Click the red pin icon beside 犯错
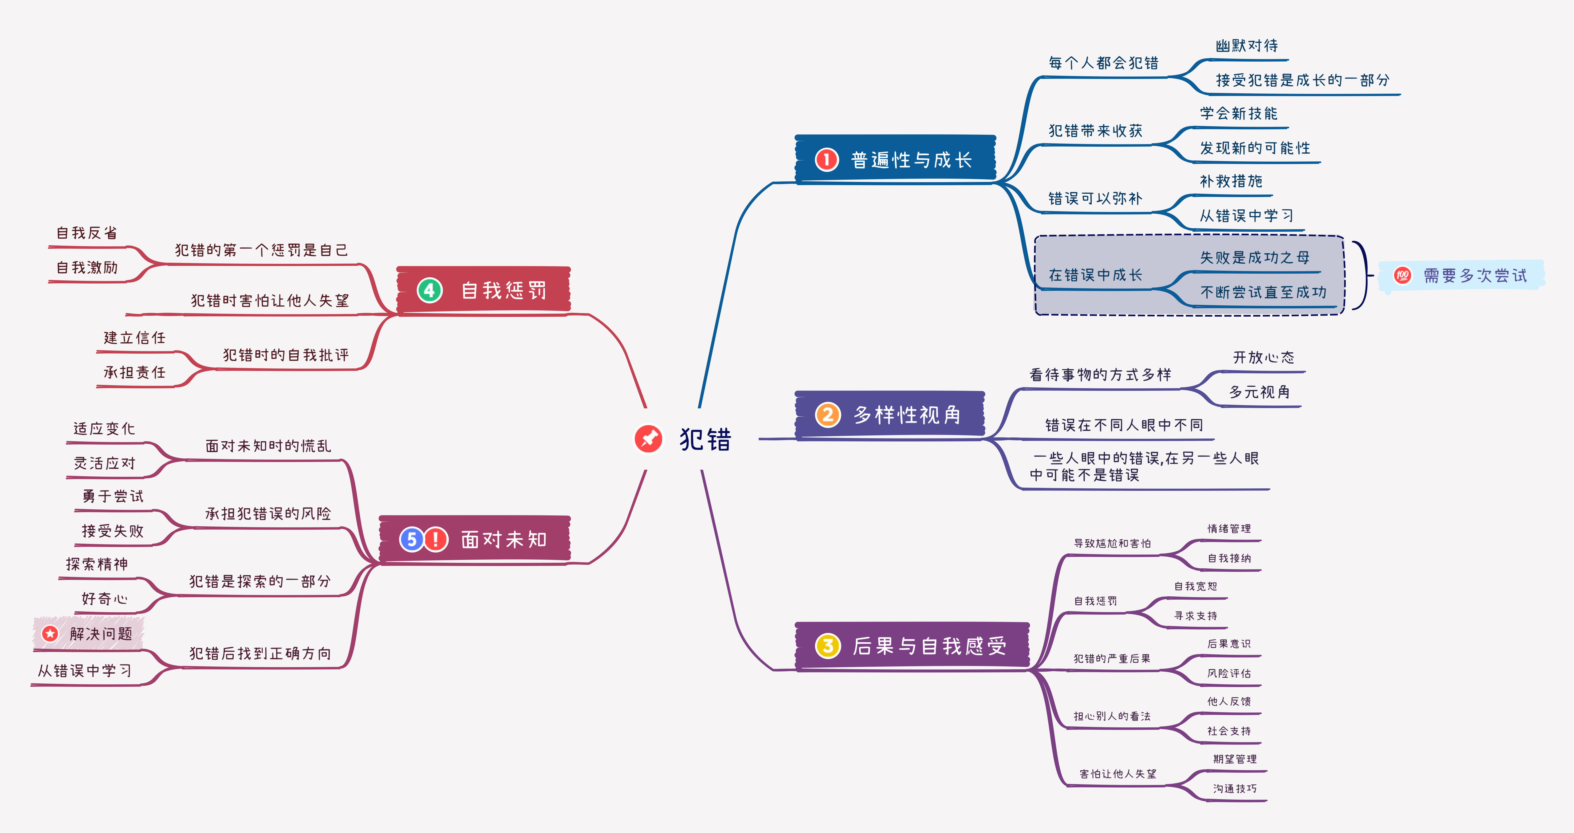pos(648,439)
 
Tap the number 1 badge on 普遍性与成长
pos(827,160)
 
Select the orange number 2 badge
pos(828,415)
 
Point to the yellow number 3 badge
pos(828,645)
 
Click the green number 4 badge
pos(430,290)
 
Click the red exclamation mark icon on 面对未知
pos(436,539)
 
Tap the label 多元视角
pos(1259,392)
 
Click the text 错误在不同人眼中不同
pos(1124,425)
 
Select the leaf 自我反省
pos(87,233)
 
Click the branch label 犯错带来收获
pos(1095,131)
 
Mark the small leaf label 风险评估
pos(1229,673)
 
